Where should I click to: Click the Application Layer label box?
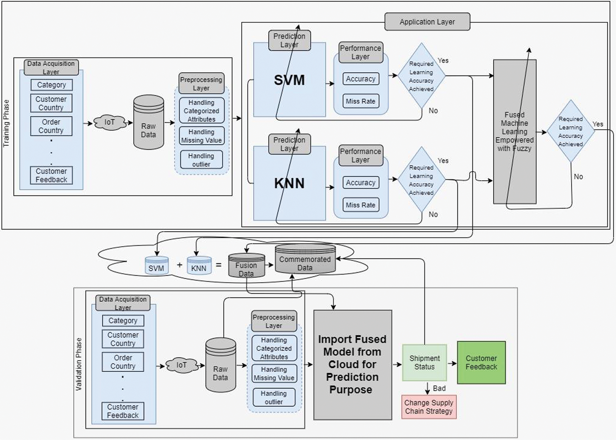(x=427, y=22)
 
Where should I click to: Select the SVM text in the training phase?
(x=289, y=80)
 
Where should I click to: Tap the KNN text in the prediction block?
(x=289, y=183)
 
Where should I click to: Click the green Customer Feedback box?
(x=481, y=362)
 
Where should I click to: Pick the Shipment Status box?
(x=424, y=362)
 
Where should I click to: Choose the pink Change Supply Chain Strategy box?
(x=429, y=407)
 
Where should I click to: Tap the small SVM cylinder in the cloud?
(x=156, y=265)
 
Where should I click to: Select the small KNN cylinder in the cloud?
(x=199, y=265)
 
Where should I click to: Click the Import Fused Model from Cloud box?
(x=352, y=365)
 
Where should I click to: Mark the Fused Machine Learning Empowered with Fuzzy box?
(x=515, y=131)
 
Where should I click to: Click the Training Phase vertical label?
(x=6, y=123)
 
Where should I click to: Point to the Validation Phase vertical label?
(x=79, y=364)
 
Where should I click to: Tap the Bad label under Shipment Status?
(x=439, y=388)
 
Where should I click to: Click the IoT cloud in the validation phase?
(x=181, y=365)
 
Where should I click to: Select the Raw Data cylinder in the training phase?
(x=149, y=123)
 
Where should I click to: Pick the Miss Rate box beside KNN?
(x=360, y=205)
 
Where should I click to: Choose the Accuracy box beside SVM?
(x=360, y=79)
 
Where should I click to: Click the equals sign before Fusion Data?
(x=219, y=265)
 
